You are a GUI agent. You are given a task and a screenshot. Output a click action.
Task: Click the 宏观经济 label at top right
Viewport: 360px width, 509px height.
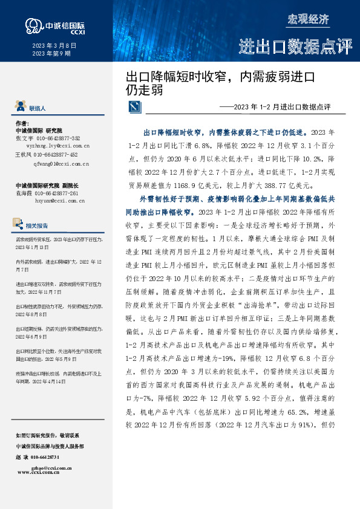point(308,19)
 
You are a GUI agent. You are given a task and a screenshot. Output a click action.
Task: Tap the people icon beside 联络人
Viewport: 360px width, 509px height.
point(21,108)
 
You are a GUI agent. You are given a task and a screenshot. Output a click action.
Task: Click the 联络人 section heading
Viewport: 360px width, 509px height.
point(37,109)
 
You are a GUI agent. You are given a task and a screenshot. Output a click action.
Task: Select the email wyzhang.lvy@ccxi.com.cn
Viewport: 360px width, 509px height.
point(53,146)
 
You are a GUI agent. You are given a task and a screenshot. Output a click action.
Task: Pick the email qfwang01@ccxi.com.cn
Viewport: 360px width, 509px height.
point(53,163)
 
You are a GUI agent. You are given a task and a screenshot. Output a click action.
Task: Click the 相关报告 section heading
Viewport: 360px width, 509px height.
point(38,226)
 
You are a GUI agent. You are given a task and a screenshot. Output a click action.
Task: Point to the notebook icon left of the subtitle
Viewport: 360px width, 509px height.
point(134,108)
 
